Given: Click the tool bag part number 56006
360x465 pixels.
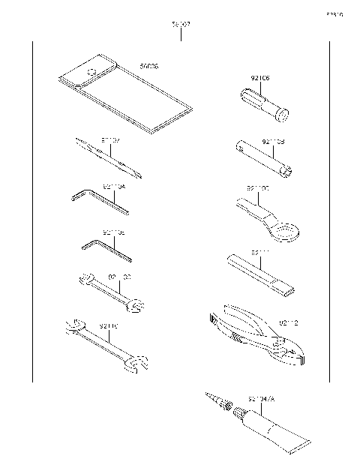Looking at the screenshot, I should click(149, 67).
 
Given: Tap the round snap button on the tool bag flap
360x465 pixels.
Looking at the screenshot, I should click(92, 72).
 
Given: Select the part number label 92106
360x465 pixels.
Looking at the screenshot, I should click(260, 78).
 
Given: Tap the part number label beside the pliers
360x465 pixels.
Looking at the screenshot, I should click(289, 323).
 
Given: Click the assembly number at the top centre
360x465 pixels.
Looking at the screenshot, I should click(181, 25).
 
